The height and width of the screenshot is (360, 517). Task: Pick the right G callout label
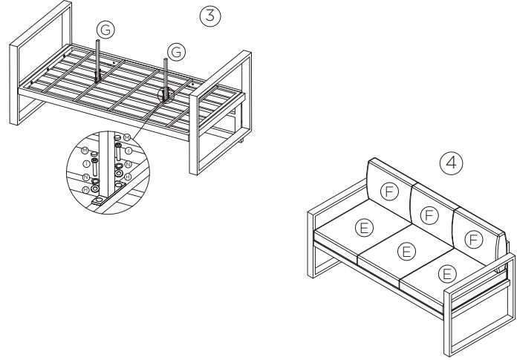click(176, 51)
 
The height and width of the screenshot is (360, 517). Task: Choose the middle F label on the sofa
click(428, 215)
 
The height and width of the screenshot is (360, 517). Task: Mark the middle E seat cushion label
click(406, 250)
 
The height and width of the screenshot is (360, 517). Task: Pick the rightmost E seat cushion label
click(447, 274)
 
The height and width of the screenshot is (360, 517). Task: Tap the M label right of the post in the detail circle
click(126, 137)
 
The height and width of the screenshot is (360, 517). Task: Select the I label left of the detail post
click(87, 163)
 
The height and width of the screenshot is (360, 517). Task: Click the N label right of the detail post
click(129, 164)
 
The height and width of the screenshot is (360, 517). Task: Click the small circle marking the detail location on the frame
click(166, 94)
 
